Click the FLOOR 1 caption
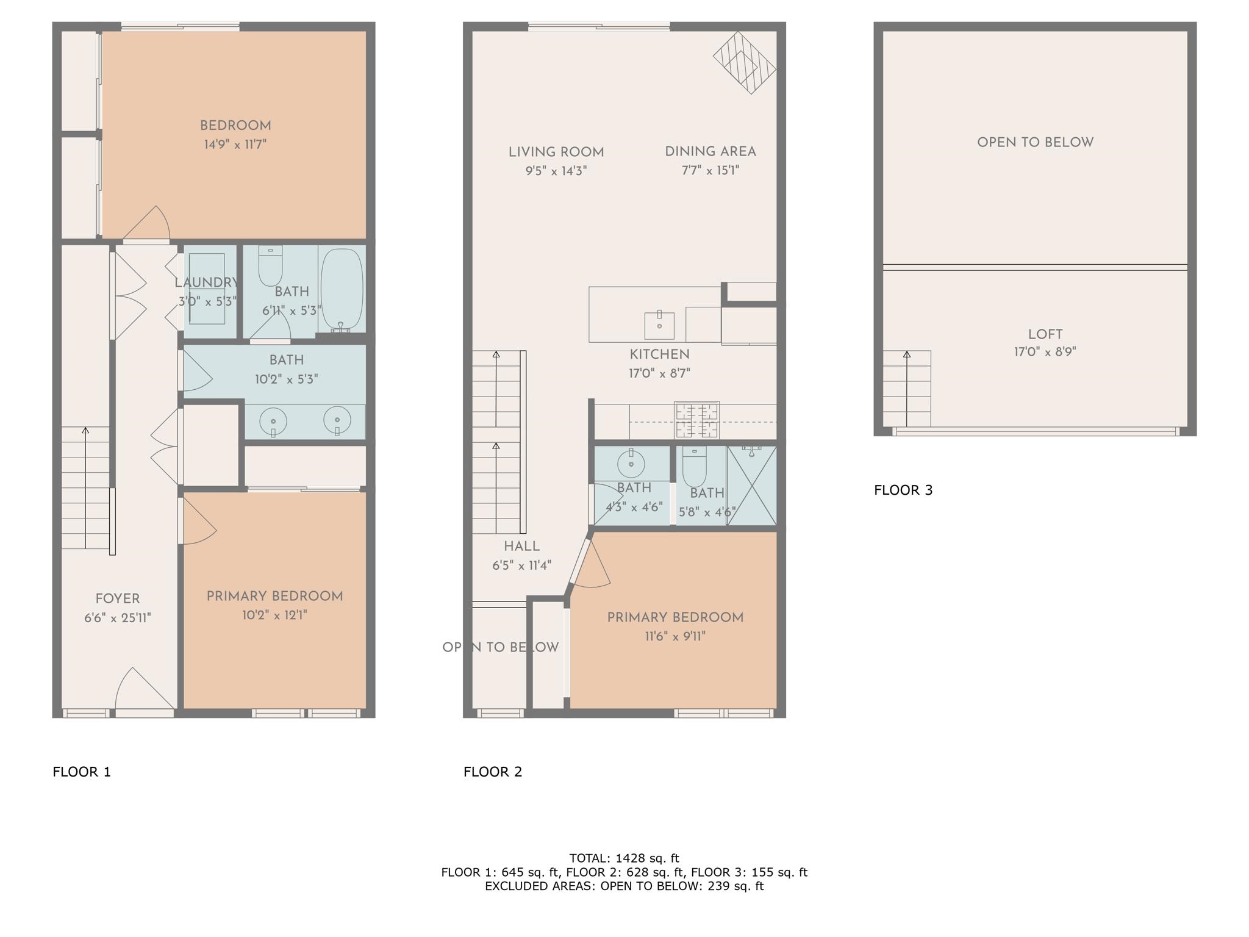click(x=82, y=772)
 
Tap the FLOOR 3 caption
click(x=903, y=490)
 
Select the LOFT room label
click(x=1045, y=334)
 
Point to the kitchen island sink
click(x=659, y=325)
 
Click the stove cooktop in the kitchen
click(x=697, y=420)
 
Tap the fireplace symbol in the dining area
click(x=745, y=63)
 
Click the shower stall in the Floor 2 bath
click(x=751, y=485)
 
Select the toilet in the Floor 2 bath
click(x=694, y=467)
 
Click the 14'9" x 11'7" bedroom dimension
click(x=235, y=145)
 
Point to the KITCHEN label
click(x=659, y=354)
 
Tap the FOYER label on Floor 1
click(x=118, y=599)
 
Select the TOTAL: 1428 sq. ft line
click(x=624, y=858)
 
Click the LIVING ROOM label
click(x=556, y=152)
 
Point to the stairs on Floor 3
click(x=907, y=389)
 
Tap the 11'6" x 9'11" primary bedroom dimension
click(x=675, y=637)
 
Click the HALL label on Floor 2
click(x=521, y=547)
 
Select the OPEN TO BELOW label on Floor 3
click(x=1035, y=142)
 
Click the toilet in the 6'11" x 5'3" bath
click(x=270, y=266)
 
